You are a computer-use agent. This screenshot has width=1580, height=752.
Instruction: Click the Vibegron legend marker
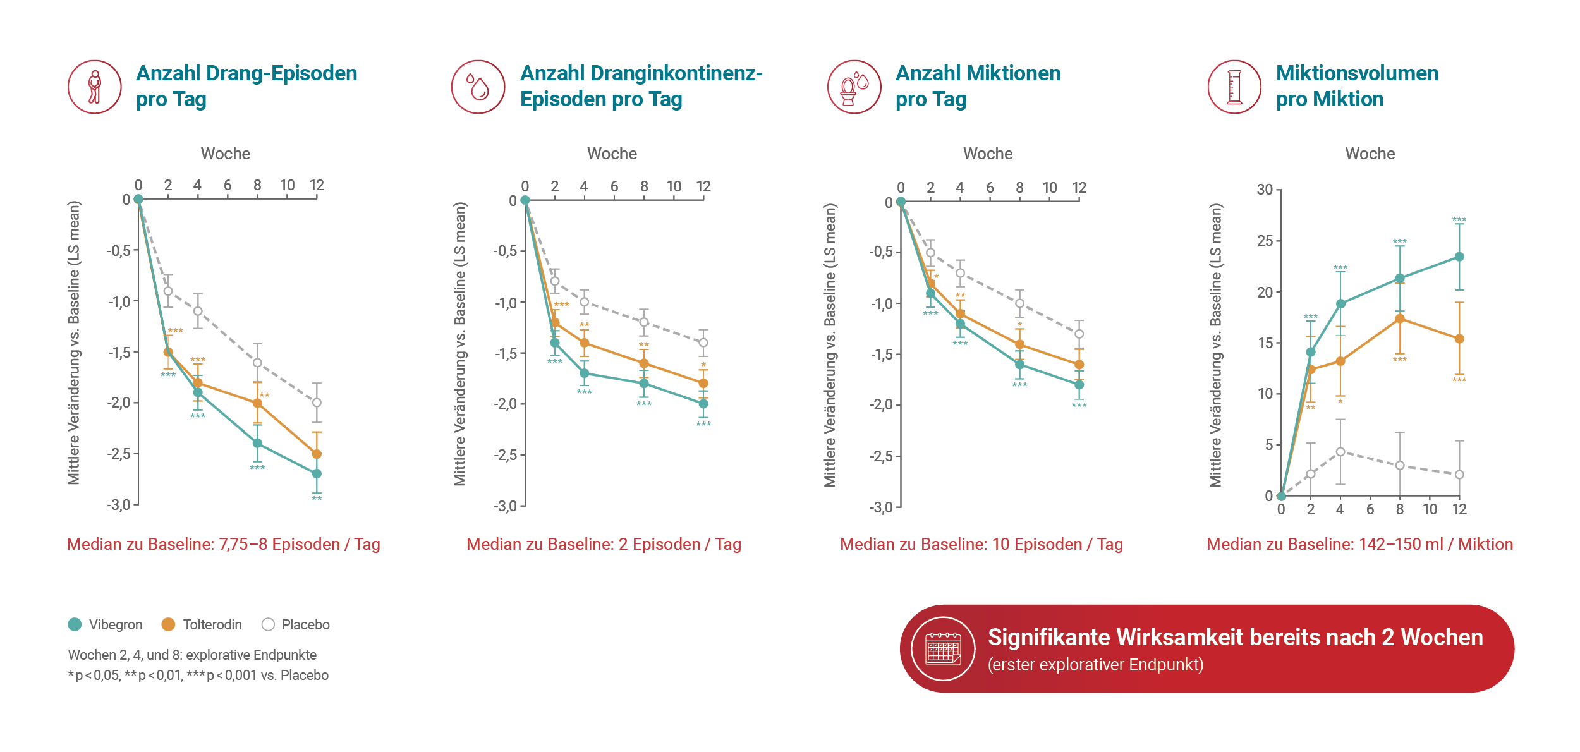pyautogui.click(x=75, y=624)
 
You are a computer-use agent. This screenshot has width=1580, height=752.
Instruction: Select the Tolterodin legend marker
pyautogui.click(x=168, y=624)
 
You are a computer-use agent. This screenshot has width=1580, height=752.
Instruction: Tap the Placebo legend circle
pyautogui.click(x=268, y=624)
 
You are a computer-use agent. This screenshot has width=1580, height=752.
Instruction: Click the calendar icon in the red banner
pyautogui.click(x=943, y=648)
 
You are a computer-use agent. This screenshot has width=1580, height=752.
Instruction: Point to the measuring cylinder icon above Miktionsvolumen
pyautogui.click(x=1234, y=87)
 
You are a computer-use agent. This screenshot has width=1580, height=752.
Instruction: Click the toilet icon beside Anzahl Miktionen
pyautogui.click(x=854, y=87)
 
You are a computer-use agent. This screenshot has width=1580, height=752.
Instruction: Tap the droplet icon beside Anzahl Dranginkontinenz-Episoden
pyautogui.click(x=478, y=87)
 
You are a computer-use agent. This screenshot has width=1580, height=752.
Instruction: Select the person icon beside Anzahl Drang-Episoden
pyautogui.click(x=95, y=87)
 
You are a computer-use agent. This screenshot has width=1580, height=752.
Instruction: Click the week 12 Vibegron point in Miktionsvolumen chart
pyautogui.click(x=1459, y=257)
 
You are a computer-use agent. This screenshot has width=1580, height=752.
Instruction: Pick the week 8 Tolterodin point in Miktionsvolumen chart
pyautogui.click(x=1400, y=318)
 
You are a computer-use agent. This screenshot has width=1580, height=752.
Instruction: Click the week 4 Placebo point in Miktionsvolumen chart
pyautogui.click(x=1340, y=452)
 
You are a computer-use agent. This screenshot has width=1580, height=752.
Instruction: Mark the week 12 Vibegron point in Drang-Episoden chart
pyautogui.click(x=317, y=473)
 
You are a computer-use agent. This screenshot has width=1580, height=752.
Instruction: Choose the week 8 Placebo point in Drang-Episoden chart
pyautogui.click(x=257, y=363)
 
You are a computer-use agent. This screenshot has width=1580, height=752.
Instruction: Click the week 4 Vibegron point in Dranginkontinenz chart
pyautogui.click(x=585, y=373)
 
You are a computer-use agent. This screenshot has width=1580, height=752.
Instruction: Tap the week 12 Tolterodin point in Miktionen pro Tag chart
pyautogui.click(x=1079, y=365)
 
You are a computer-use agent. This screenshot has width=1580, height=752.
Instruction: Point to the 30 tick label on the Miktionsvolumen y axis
pyautogui.click(x=1265, y=190)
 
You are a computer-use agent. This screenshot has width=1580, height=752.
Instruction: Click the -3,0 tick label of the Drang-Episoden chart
pyautogui.click(x=119, y=505)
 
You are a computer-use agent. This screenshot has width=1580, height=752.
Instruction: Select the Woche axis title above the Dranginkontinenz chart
pyautogui.click(x=612, y=154)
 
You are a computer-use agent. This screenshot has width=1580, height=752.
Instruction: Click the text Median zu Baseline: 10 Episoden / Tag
pyautogui.click(x=981, y=544)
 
